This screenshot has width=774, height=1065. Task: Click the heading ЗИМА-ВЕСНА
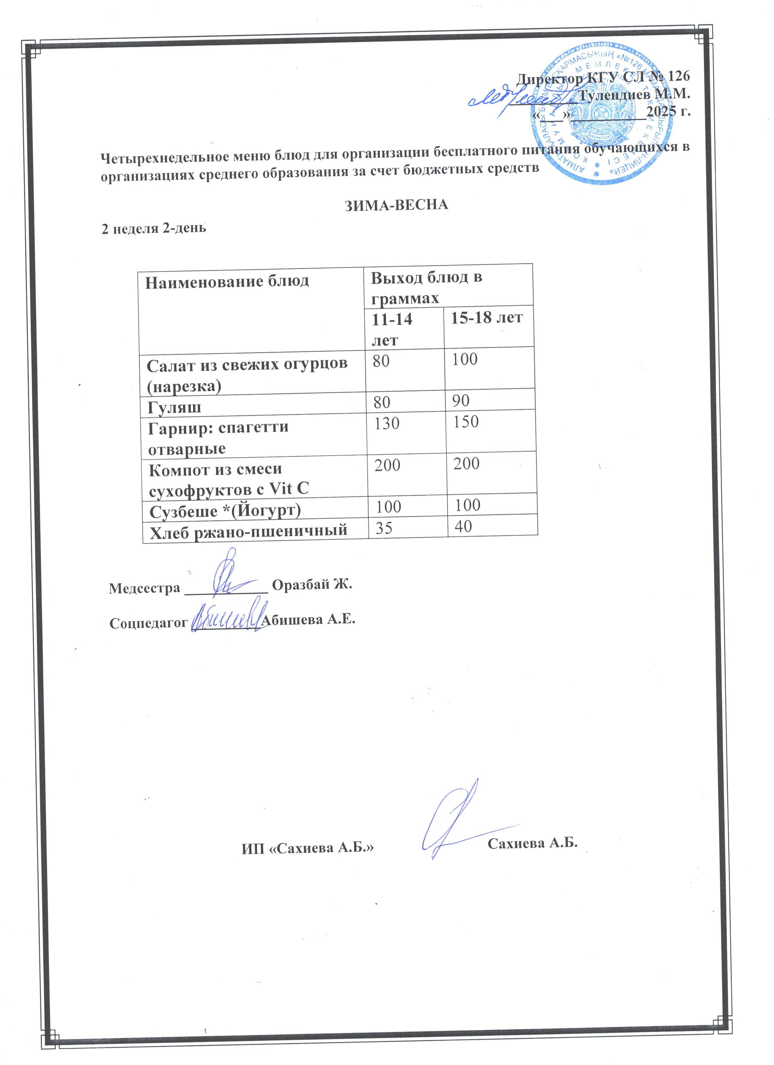(x=396, y=205)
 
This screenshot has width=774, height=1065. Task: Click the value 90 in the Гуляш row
(x=461, y=400)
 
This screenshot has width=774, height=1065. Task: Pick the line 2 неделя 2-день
(x=154, y=229)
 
